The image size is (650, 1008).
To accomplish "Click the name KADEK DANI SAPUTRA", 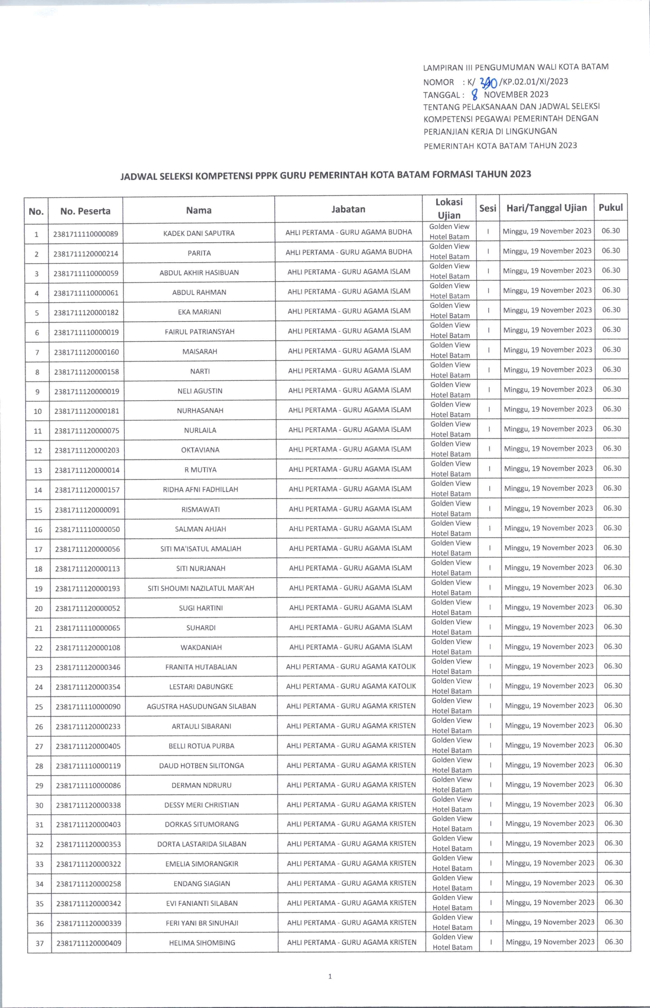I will [x=199, y=233].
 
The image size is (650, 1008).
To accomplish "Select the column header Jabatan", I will [x=348, y=209].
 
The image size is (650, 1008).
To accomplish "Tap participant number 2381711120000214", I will [x=86, y=253].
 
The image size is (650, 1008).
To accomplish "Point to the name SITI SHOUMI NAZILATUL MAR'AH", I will [x=201, y=589].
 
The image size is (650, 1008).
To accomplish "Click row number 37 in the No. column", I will [x=40, y=943].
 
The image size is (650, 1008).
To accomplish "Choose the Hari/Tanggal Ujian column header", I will [x=547, y=208].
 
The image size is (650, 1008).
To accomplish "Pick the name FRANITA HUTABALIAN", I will [x=201, y=667].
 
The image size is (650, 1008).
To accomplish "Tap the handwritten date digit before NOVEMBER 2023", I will [x=475, y=94].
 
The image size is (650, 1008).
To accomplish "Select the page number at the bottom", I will [x=330, y=976].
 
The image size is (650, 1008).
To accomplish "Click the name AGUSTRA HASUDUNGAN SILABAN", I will [x=201, y=707].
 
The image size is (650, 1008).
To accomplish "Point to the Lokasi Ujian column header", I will [x=449, y=209].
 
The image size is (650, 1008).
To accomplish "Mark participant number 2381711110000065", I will [x=88, y=628].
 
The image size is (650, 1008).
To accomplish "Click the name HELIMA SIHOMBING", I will [x=202, y=943].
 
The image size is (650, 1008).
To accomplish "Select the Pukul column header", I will [x=610, y=208].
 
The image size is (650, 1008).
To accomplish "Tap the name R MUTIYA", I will [x=200, y=470].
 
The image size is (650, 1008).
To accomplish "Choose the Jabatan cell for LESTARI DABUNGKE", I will [x=351, y=686].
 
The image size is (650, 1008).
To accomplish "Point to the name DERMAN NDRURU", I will [x=201, y=785].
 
